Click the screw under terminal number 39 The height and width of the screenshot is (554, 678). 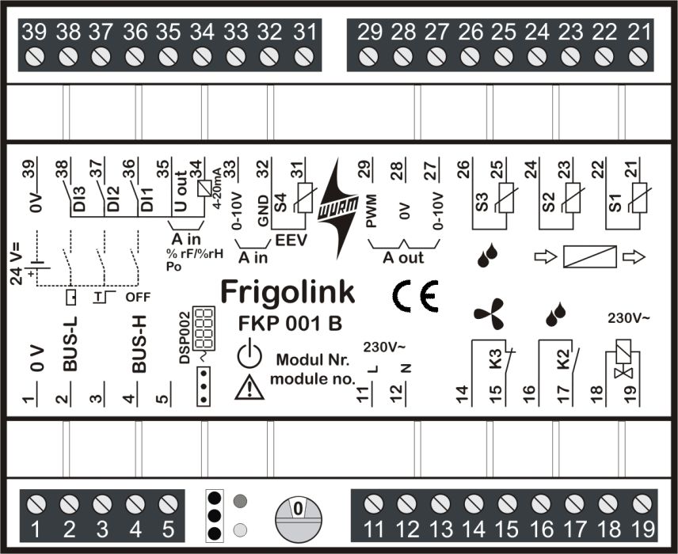34,57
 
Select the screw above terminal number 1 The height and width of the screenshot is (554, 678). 34,503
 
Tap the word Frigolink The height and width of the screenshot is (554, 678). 288,292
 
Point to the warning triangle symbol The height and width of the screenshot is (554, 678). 249,385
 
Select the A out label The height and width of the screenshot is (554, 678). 403,257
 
